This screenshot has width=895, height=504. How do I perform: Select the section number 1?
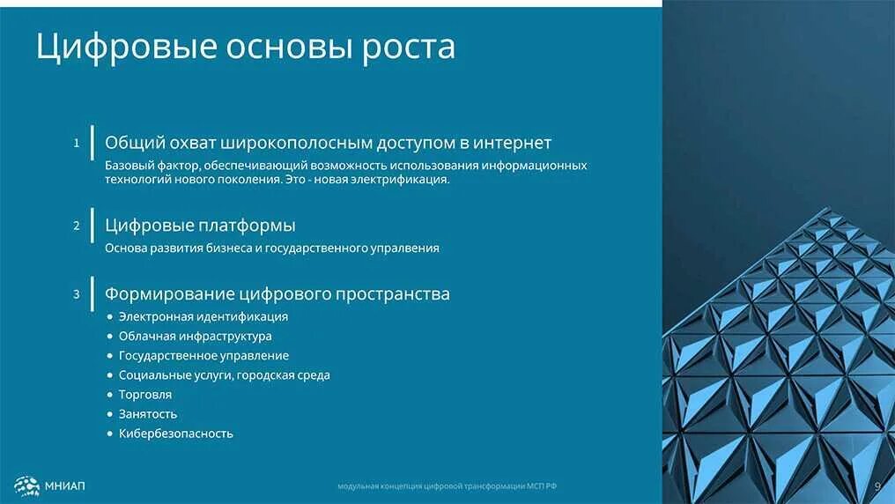77,142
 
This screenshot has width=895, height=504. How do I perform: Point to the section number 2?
77,226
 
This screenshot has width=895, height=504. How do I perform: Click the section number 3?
77,293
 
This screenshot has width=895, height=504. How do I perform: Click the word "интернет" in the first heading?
512,143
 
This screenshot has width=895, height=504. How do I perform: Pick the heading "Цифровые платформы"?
200,226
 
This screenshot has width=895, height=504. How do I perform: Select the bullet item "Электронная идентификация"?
203,316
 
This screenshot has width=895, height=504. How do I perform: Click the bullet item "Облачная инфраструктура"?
195,336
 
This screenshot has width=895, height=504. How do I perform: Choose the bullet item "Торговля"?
145,395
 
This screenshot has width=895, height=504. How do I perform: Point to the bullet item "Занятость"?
148,414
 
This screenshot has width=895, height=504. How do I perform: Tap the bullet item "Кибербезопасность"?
176,434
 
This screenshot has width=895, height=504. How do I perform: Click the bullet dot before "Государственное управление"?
110,356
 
